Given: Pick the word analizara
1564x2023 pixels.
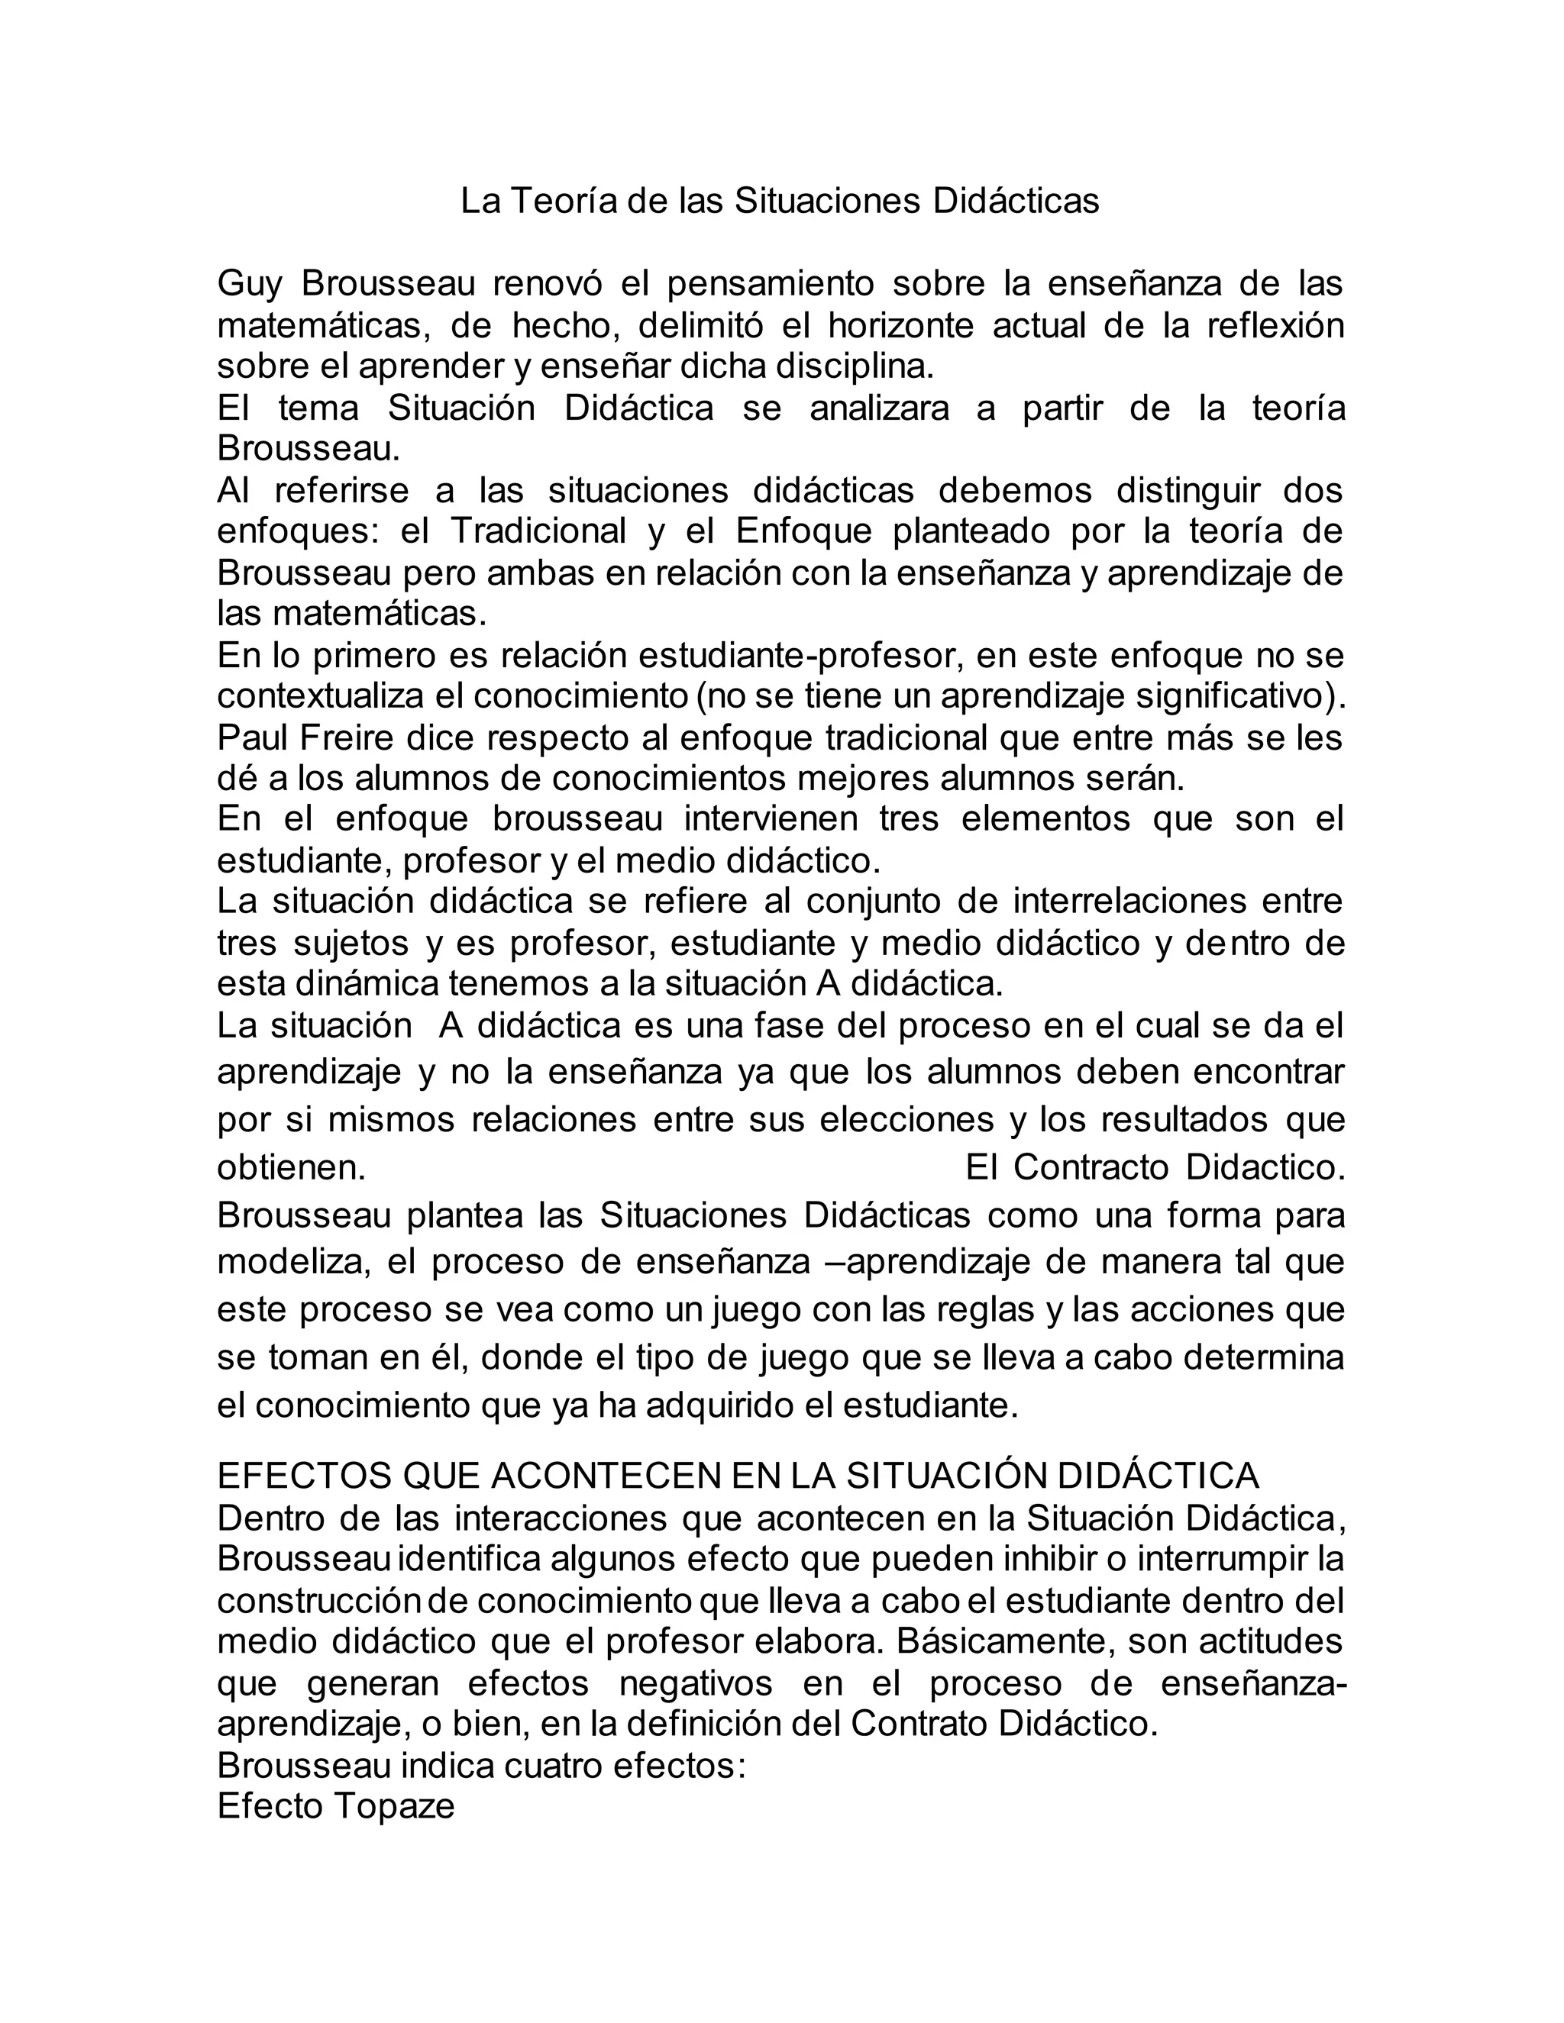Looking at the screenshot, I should point(878,408).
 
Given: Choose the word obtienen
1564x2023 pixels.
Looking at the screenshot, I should point(291,1168).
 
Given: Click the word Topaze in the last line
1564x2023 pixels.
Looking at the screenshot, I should point(395,1806).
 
